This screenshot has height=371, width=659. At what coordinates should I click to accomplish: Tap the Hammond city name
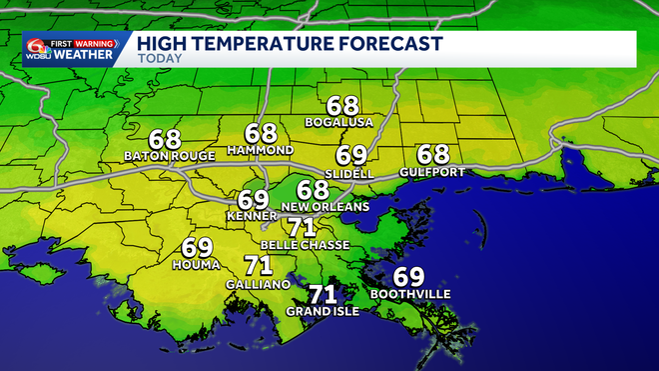pyautogui.click(x=261, y=150)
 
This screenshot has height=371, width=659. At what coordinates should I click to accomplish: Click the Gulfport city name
pyautogui.click(x=433, y=171)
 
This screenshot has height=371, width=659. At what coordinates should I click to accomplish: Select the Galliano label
pyautogui.click(x=259, y=283)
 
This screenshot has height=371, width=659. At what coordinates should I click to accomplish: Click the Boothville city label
pyautogui.click(x=409, y=294)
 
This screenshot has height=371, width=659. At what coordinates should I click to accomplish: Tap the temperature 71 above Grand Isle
pyautogui.click(x=322, y=294)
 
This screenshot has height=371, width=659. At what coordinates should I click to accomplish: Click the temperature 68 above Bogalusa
pyautogui.click(x=342, y=104)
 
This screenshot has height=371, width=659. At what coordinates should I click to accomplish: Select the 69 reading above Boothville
pyautogui.click(x=408, y=277)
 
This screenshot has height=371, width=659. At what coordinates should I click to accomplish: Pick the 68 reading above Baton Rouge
pyautogui.click(x=165, y=140)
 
